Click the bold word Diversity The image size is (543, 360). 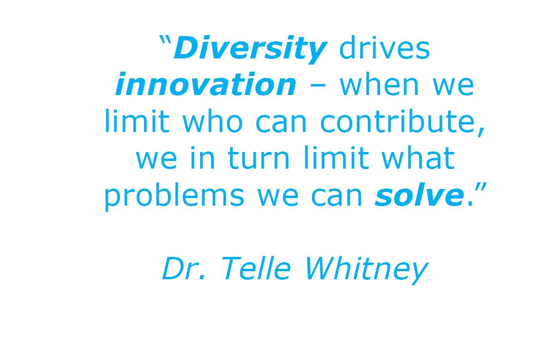coord(250,48)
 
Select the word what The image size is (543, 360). coord(418,158)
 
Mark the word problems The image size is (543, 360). coord(174,196)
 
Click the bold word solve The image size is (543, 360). coord(419,195)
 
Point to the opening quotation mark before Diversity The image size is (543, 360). coord(165,40)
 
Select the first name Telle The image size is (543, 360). coord(256,268)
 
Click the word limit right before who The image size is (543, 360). coord(137,121)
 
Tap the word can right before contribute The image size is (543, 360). coord(281,123)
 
